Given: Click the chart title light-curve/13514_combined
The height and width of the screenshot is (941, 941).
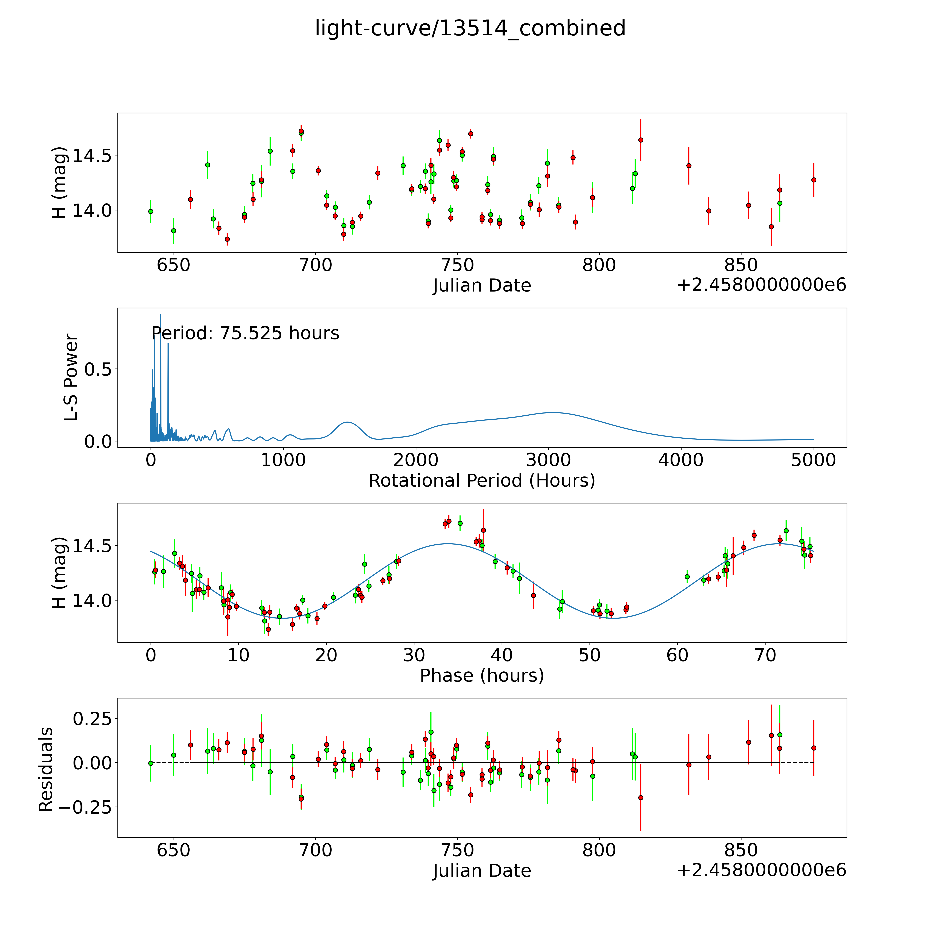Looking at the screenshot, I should tap(470, 28).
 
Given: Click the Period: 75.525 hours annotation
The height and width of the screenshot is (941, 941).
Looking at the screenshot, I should tap(245, 333).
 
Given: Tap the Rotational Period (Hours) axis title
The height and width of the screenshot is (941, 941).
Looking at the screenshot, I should tap(482, 481).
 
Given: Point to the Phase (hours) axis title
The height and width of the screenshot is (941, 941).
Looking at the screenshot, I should tap(482, 676).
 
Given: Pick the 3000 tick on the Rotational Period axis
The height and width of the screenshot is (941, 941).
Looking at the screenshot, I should tap(548, 460).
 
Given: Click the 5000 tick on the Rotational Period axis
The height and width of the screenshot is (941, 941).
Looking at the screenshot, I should tap(813, 460).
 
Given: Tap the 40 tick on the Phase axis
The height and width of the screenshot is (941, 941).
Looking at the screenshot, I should tap(502, 655).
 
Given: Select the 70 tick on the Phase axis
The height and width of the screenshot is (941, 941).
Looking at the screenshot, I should tap(765, 655).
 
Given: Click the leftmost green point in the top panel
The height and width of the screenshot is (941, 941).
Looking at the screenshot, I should tap(151, 211).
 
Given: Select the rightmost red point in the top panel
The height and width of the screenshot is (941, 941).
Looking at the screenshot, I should tap(813, 180).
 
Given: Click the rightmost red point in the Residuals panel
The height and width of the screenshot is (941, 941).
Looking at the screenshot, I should tap(813, 748).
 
